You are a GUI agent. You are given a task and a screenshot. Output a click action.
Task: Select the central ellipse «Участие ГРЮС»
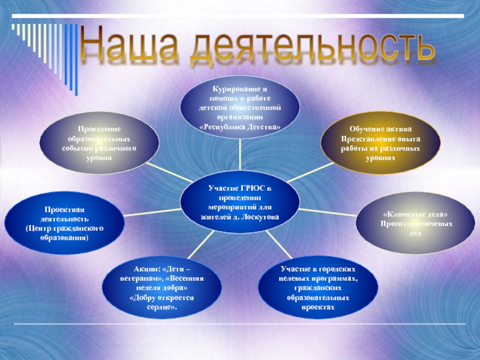240,202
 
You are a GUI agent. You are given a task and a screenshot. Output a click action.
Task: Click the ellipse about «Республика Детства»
240,107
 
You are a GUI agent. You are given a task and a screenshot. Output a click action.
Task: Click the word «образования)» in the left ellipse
65,237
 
